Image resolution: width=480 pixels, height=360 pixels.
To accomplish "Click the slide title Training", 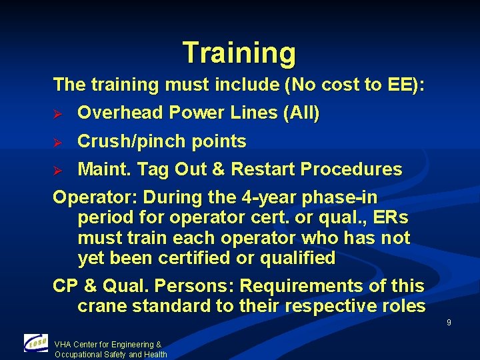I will click(x=239, y=53).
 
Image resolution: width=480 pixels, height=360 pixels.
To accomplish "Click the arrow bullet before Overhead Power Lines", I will click(x=57, y=113).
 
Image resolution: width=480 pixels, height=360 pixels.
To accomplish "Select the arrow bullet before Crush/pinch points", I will click(x=57, y=142).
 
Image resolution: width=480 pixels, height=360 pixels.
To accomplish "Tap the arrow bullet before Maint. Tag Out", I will click(x=57, y=170).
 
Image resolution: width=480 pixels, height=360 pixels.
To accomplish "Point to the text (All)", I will click(x=301, y=113).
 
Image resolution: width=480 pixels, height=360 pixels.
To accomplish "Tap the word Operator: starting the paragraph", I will click(x=95, y=198).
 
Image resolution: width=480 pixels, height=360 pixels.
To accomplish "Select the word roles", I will click(x=403, y=306).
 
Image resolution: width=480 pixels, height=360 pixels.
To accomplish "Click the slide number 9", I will click(x=449, y=323).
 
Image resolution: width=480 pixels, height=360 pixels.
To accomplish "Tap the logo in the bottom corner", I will click(x=36, y=343).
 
